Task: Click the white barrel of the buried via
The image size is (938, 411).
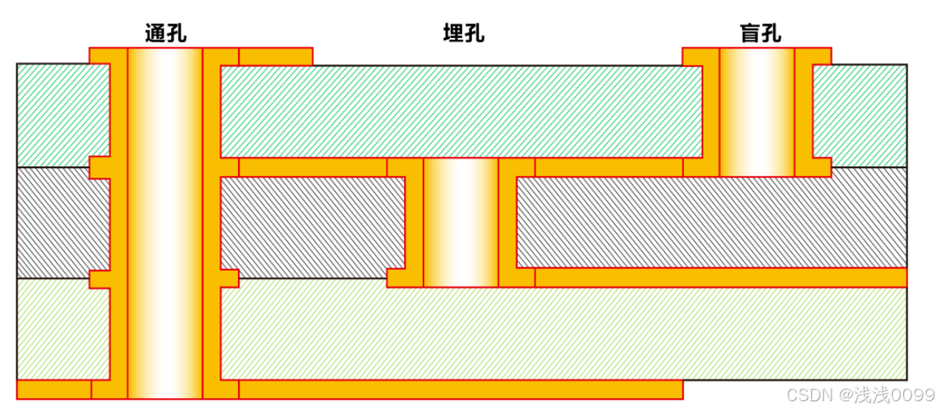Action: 461,222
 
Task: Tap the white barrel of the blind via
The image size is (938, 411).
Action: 757,111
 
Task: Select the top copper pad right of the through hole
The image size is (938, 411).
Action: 275,56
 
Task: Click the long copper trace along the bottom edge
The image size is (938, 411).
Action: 460,388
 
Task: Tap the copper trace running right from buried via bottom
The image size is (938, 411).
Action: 720,277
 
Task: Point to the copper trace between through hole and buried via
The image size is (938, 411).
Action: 313,167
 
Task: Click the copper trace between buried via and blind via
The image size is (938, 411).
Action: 608,167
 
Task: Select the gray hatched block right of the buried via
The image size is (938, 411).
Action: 710,222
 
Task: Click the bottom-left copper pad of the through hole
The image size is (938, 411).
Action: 53,388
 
